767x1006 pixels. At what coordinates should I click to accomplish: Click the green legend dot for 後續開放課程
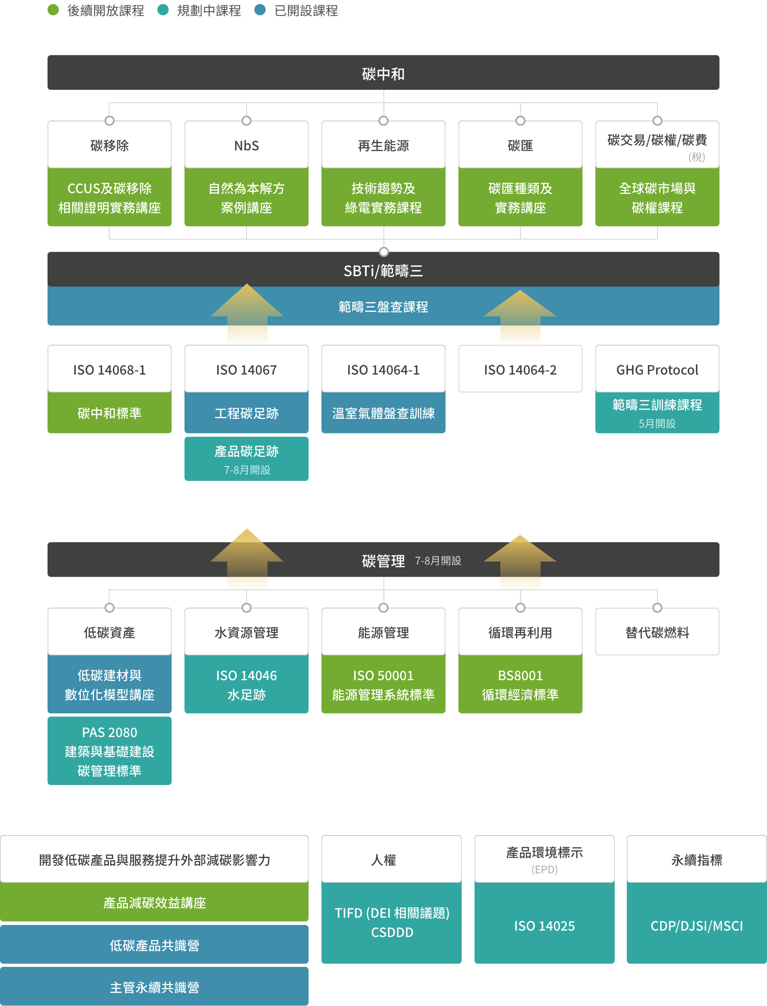coord(54,10)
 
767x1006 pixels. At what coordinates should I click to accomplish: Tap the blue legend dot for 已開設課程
coord(260,10)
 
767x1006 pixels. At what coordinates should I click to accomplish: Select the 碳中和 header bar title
coord(383,73)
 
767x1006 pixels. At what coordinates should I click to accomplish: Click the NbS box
coord(247,145)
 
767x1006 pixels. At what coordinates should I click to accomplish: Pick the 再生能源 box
coord(383,145)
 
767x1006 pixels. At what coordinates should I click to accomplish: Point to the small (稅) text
coord(697,157)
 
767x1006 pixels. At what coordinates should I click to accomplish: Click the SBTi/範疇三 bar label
coord(383,271)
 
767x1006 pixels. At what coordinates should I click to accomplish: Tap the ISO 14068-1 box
coord(110,370)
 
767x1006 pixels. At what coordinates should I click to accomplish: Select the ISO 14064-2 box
coord(520,370)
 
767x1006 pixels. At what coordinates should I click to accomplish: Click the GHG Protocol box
coord(657,370)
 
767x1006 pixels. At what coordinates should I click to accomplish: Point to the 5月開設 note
coord(657,423)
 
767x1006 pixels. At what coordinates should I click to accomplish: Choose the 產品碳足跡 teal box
coord(247,458)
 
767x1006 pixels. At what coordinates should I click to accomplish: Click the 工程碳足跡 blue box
coord(247,413)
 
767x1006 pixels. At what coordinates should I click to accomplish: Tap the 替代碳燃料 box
coord(657,632)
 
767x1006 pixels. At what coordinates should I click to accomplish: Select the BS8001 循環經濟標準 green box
coord(520,684)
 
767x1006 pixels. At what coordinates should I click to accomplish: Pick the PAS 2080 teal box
coord(110,751)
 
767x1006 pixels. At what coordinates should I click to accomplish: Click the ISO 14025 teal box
coord(544,926)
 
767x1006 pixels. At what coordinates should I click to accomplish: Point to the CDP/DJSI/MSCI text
coord(697,926)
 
